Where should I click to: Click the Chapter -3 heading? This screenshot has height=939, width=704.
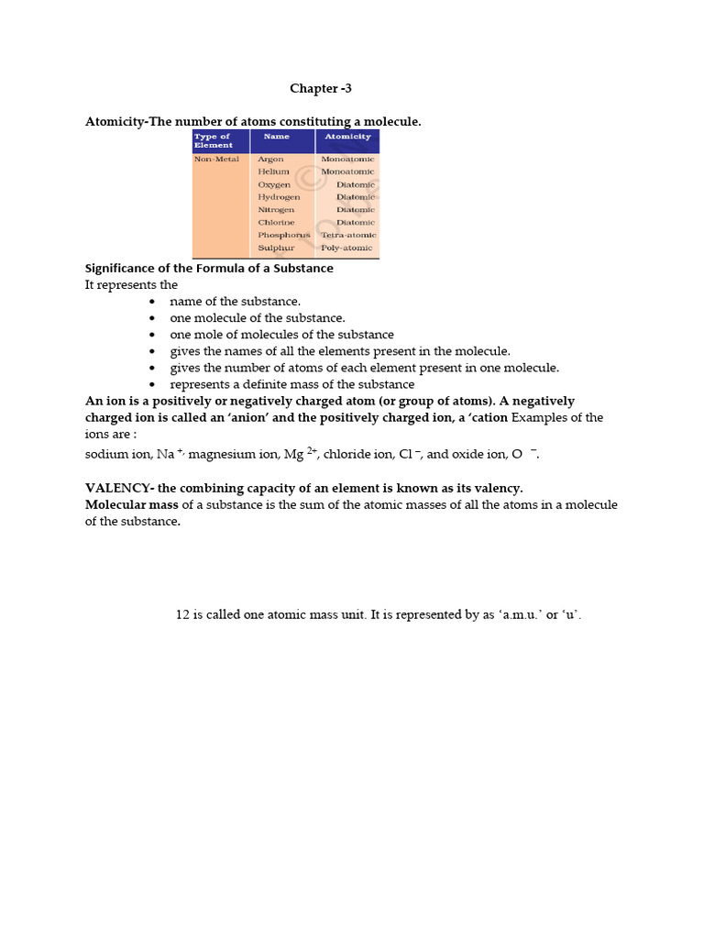tap(320, 89)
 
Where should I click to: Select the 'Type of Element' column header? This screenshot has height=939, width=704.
tap(213, 140)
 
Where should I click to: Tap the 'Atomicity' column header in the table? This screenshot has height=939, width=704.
tap(347, 137)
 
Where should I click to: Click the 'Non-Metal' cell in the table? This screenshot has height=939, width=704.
tap(216, 160)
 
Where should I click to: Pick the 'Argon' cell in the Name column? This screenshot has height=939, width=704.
tap(270, 160)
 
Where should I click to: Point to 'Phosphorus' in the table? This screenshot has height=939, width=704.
tap(283, 235)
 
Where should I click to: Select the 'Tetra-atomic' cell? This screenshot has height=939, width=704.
tap(348, 235)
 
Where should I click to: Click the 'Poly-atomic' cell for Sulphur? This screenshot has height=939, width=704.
tap(347, 248)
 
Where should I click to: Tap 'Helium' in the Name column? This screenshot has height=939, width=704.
tap(273, 171)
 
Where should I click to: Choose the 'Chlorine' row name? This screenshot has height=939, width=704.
tap(276, 222)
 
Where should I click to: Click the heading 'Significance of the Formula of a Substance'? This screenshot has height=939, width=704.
tap(209, 269)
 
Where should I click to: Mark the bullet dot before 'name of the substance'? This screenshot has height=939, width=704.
tap(152, 302)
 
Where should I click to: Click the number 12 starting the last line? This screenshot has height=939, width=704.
tap(182, 614)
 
